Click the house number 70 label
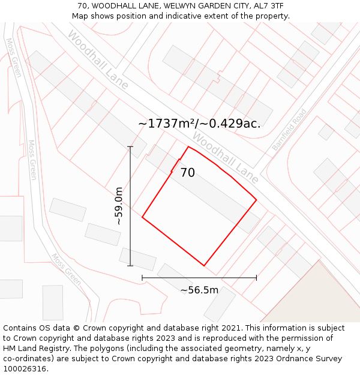point(187,173)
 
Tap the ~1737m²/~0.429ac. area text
point(199,124)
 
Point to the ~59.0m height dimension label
point(119,206)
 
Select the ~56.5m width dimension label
point(199,290)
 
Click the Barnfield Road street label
point(289,130)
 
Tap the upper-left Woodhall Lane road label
point(97,60)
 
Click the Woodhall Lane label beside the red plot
point(225,158)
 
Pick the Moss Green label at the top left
point(13,58)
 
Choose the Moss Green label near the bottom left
point(65,269)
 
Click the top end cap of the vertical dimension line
point(130,146)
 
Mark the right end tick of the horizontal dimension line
point(256,278)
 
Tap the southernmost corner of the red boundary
point(204,265)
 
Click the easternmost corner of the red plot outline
point(256,200)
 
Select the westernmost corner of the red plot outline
point(142,217)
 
